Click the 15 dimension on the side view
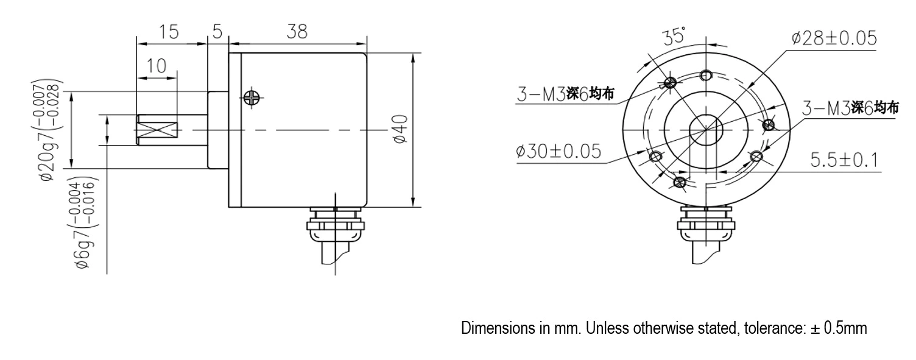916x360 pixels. tap(169, 32)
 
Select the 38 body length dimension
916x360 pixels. tap(297, 32)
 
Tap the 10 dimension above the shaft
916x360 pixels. tap(157, 66)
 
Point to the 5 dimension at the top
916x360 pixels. tap(217, 32)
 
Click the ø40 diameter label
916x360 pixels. tap(400, 130)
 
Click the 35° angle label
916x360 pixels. tap(674, 37)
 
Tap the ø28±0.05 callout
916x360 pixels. tap(834, 38)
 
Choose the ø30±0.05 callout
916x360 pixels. tap(558, 150)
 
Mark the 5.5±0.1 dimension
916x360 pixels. tap(844, 160)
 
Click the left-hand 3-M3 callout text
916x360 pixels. tap(565, 94)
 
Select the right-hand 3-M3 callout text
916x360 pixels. tap(850, 108)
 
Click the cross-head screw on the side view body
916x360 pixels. tap(251, 96)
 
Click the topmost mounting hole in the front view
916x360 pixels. tap(706, 76)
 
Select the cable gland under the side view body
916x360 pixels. tap(336, 225)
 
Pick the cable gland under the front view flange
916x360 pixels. tap(706, 225)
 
